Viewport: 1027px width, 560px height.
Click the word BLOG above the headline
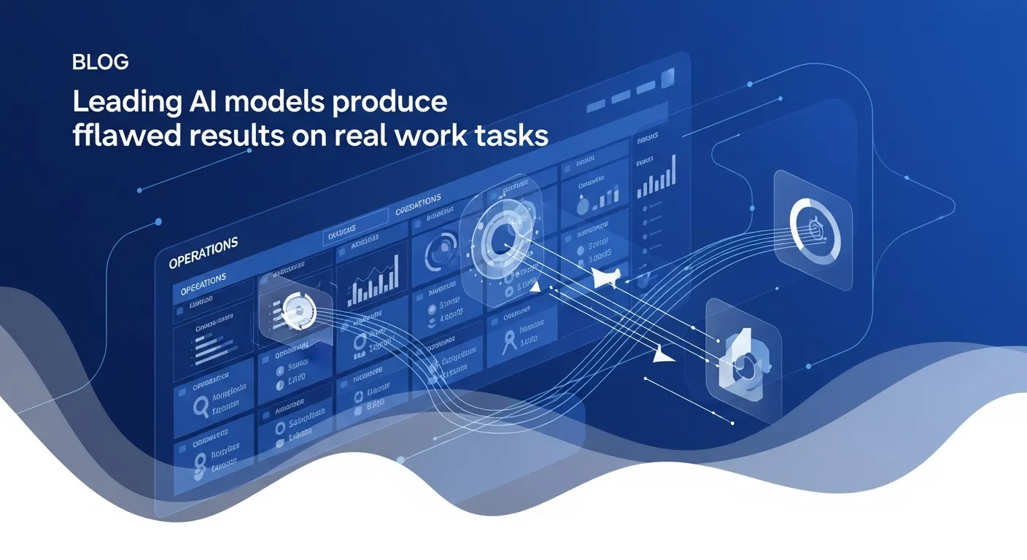[101, 63]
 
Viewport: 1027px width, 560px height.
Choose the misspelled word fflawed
[120, 136]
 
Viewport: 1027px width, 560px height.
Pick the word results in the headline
[222, 136]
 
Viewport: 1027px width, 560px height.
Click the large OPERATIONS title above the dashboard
[204, 253]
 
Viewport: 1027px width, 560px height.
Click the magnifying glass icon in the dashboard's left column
[202, 405]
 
